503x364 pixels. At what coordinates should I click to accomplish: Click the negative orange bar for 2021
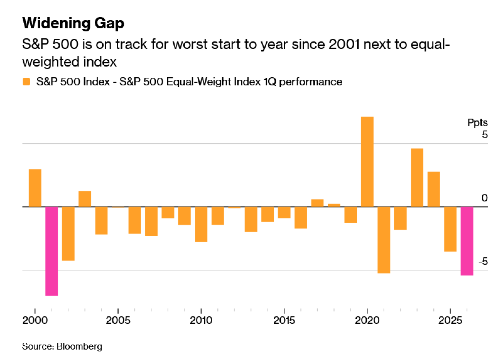click(384, 240)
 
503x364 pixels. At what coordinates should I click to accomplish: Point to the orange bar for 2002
click(68, 234)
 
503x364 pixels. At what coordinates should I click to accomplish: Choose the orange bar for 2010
click(201, 224)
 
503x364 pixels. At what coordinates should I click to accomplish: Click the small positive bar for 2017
click(317, 203)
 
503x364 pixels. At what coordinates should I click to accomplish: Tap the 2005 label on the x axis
click(118, 320)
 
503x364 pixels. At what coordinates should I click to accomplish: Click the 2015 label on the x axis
click(284, 320)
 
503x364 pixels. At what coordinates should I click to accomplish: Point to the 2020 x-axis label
click(367, 320)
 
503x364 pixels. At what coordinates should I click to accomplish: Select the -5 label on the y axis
click(483, 262)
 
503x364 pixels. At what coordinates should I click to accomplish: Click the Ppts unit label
click(477, 123)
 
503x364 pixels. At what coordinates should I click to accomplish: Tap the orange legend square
click(26, 82)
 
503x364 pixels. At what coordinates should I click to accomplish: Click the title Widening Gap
click(73, 23)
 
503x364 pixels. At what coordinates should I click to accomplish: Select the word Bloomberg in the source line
click(79, 346)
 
